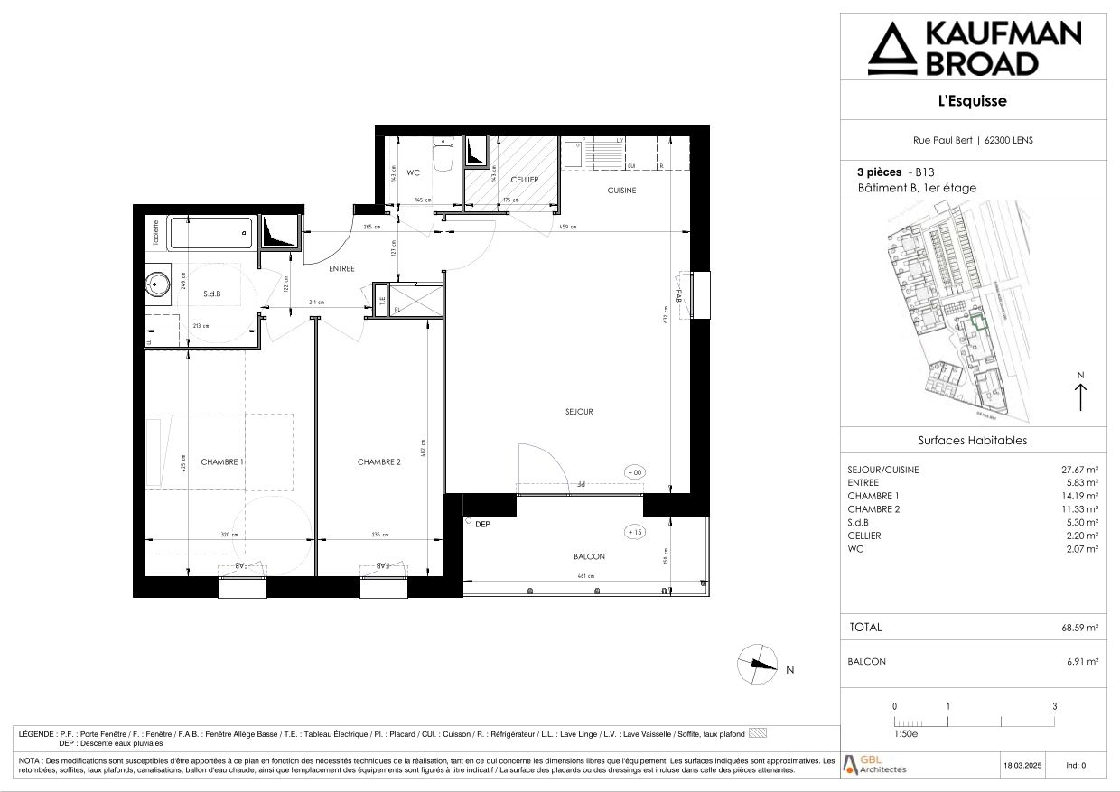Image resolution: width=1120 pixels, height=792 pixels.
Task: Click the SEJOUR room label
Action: click(x=578, y=412)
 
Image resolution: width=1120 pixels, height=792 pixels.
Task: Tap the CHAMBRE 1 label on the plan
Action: click(x=222, y=461)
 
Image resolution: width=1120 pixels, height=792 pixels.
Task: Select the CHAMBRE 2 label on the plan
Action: click(x=378, y=461)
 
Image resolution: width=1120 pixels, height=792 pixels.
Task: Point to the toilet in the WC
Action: click(x=443, y=155)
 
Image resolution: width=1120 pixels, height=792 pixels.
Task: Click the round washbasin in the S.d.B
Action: click(x=159, y=285)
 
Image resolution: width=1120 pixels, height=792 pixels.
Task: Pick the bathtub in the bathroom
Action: click(x=210, y=235)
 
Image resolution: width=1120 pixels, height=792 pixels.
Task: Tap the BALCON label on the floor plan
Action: click(x=589, y=556)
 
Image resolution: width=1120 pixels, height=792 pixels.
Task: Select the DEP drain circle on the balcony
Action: click(x=469, y=522)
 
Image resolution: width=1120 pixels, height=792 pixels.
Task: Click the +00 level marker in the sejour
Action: click(x=635, y=472)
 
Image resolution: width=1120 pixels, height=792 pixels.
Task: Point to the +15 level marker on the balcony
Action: click(x=635, y=532)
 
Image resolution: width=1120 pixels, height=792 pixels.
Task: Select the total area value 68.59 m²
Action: click(x=1079, y=627)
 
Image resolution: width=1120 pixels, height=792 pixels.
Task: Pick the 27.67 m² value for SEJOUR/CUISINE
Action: click(x=1079, y=470)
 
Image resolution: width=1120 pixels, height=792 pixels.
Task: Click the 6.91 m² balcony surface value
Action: click(x=1082, y=662)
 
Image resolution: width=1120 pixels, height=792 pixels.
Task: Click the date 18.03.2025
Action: click(x=1023, y=765)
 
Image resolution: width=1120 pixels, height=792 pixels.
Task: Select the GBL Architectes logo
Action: click(x=874, y=764)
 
